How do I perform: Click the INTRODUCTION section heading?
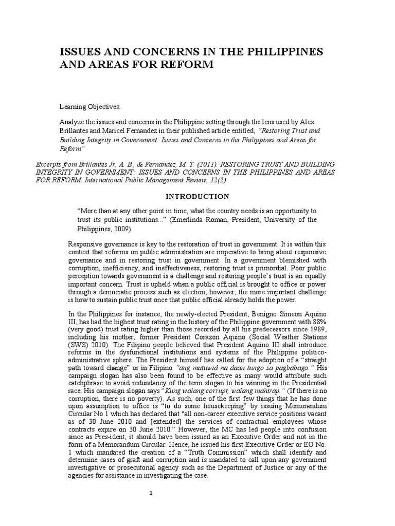[x=197, y=196]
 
